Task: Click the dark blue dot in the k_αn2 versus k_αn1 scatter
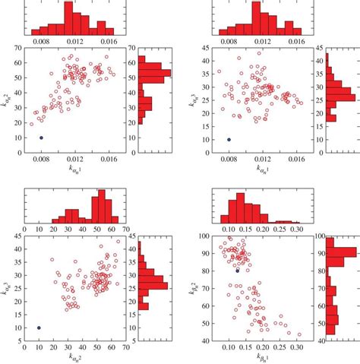(x=41, y=138)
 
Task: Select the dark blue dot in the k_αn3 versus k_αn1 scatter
(x=229, y=139)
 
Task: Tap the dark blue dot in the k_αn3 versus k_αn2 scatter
(x=39, y=328)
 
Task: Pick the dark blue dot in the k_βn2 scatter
(x=238, y=271)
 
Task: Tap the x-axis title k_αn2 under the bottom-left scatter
(x=74, y=358)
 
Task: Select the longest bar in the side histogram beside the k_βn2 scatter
(x=335, y=252)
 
